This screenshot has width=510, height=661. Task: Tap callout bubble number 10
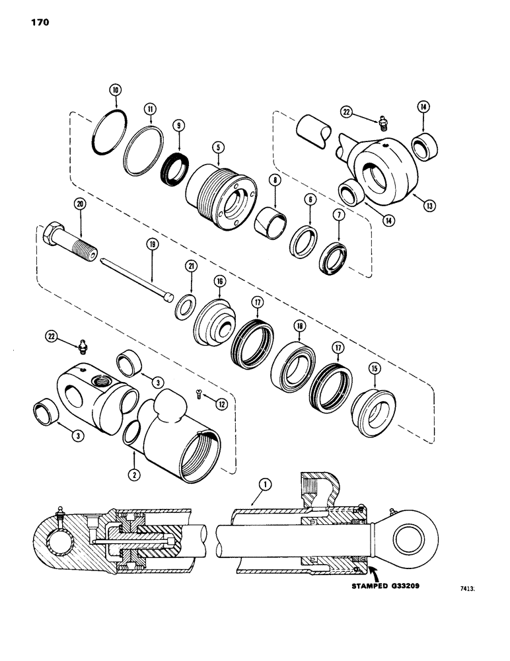(116, 89)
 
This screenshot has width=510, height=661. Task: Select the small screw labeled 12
(199, 394)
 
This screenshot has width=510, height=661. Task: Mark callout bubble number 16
(219, 282)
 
